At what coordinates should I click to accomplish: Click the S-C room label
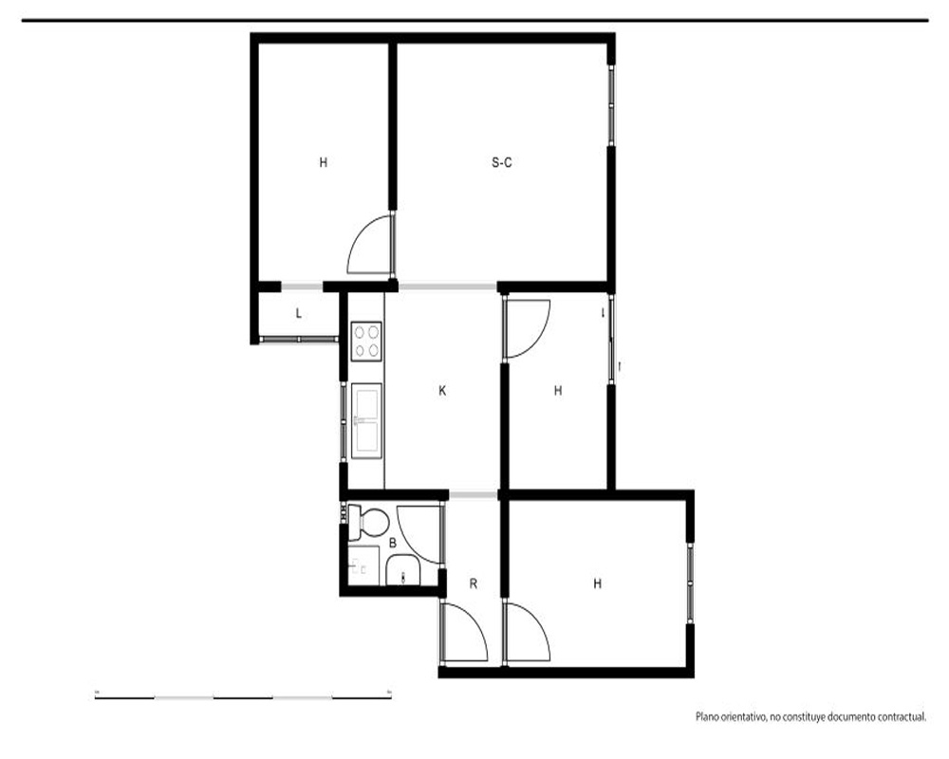click(502, 162)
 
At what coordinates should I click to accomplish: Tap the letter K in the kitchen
click(442, 391)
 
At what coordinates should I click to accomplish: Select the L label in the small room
click(298, 313)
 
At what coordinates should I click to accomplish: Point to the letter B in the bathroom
click(393, 544)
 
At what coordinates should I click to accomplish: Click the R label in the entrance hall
click(474, 584)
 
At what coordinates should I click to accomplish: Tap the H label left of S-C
click(324, 162)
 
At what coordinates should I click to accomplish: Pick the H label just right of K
click(558, 391)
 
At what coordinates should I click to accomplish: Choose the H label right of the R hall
click(597, 584)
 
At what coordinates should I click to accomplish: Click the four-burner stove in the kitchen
click(366, 342)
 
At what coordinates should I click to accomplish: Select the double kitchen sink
click(366, 419)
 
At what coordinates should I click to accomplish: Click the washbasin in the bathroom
click(403, 572)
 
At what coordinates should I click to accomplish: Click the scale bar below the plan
click(243, 698)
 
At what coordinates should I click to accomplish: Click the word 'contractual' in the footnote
click(902, 717)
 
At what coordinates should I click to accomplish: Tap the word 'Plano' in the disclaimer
click(706, 717)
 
